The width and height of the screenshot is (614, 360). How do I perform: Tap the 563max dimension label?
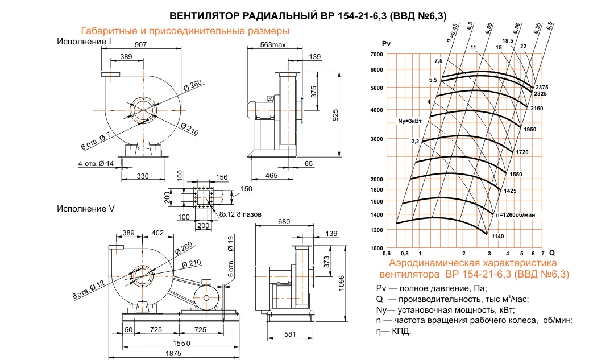(x=273, y=44)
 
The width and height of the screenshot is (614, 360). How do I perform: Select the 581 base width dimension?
(x=290, y=335)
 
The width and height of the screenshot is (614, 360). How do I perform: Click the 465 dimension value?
(x=271, y=176)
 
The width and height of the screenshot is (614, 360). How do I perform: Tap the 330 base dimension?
(x=143, y=176)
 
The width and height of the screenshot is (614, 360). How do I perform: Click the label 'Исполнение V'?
(x=86, y=209)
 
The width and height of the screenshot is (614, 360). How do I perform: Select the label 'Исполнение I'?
(x=84, y=42)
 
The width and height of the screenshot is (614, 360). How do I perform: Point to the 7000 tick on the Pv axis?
(x=376, y=54)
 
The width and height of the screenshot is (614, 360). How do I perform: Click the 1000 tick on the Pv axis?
(x=376, y=249)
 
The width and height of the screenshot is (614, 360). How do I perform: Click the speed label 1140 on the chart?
(x=497, y=236)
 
